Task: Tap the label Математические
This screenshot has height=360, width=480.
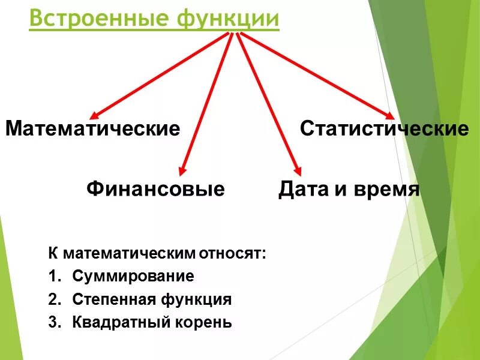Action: click(93, 129)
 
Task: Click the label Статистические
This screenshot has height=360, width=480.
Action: click(384, 129)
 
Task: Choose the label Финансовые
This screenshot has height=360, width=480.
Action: click(155, 190)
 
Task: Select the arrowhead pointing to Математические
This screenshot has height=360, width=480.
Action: click(94, 115)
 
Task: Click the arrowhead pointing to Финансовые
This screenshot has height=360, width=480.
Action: click(183, 172)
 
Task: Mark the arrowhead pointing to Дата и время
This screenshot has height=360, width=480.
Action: click(296, 170)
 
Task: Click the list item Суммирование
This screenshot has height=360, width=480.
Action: click(133, 277)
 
